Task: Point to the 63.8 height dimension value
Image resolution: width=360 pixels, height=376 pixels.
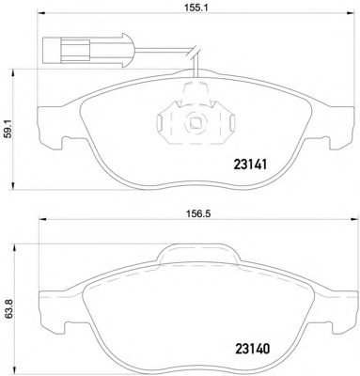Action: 9,308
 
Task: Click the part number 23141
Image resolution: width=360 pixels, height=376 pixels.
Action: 250,164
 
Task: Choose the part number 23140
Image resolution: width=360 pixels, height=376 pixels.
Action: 252,349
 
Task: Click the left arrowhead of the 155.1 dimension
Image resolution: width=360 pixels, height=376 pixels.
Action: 41,13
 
